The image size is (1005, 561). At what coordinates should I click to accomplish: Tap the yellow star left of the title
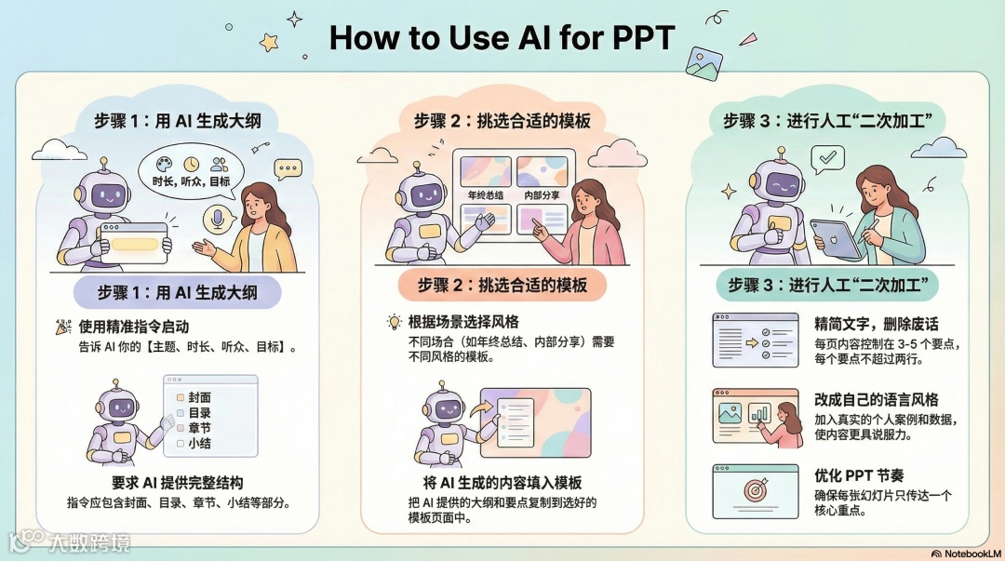click(269, 42)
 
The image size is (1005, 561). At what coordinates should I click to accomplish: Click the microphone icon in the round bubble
click(218, 220)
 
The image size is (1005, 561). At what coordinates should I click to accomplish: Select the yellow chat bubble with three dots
click(288, 169)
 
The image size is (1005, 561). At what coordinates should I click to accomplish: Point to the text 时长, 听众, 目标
click(191, 181)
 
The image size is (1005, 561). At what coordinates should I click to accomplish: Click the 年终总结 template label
click(485, 194)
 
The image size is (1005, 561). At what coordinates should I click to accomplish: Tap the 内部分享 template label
click(542, 194)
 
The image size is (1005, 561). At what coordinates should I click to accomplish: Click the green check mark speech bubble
click(827, 158)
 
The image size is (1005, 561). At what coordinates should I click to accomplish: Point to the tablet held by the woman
click(837, 238)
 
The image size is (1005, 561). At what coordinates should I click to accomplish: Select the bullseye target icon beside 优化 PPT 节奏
click(756, 490)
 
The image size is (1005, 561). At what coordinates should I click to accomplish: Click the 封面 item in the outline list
click(194, 397)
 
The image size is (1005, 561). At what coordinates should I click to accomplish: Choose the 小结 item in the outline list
click(194, 443)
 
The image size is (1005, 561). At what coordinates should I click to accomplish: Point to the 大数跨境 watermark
click(71, 542)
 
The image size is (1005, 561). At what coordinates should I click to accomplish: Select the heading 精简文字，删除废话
click(877, 323)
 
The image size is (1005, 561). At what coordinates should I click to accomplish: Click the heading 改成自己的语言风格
click(877, 399)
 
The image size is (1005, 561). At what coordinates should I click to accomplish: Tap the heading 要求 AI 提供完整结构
click(178, 482)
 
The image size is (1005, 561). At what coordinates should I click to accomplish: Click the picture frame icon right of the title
click(703, 63)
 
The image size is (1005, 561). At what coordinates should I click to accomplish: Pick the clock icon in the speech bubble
click(191, 164)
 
